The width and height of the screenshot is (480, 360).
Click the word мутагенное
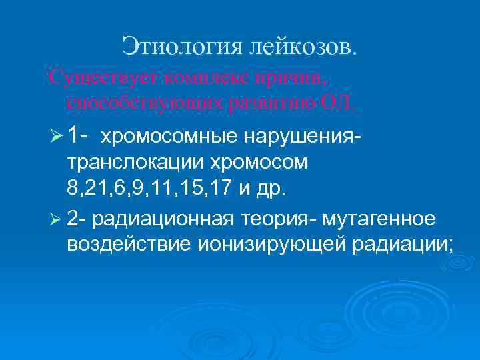point(379,221)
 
